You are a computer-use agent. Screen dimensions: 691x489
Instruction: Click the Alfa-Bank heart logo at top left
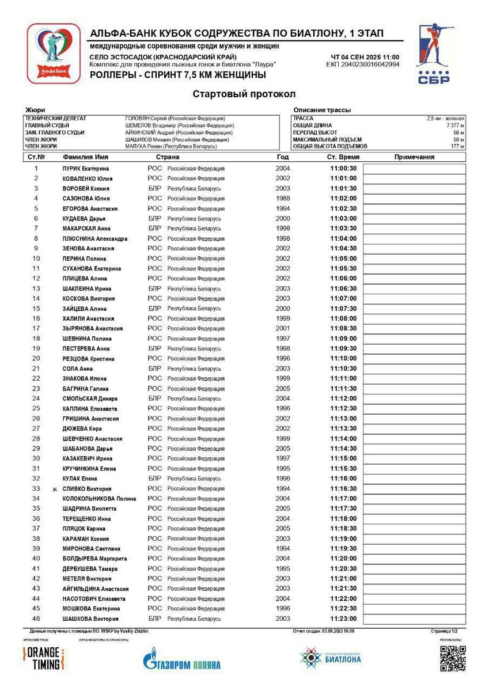tap(53, 54)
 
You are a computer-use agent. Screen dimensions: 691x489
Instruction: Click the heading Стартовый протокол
tap(244, 94)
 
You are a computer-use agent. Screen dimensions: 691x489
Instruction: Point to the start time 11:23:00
tap(343, 619)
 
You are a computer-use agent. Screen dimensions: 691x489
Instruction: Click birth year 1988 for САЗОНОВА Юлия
tap(283, 199)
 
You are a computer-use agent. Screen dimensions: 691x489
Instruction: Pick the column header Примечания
tap(414, 157)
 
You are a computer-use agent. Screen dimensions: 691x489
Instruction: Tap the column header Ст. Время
tap(343, 157)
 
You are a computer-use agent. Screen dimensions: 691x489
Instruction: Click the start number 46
tap(36, 619)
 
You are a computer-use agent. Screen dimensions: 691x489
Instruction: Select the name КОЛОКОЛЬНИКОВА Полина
tap(99, 499)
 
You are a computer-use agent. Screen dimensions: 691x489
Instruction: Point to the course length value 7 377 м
tap(453, 126)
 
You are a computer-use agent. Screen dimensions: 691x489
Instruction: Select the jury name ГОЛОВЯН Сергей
tap(145, 119)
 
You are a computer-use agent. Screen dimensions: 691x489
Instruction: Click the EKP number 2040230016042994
tap(362, 64)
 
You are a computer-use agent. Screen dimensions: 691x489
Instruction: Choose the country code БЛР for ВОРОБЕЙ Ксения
tap(155, 189)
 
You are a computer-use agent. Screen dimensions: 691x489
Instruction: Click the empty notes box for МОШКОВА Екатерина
tap(414, 609)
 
